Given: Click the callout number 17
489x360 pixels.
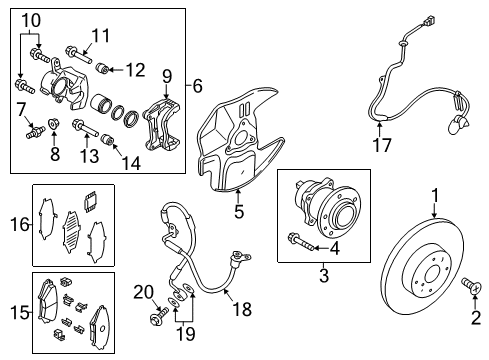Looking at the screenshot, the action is pos(382,145).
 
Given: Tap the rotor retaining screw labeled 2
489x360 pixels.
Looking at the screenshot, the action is pos(472,286).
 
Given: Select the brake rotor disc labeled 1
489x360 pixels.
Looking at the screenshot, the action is pos(422,266).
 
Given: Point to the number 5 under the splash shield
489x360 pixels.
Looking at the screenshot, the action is pos(239,211).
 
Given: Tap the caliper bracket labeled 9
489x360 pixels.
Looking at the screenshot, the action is pos(161,125).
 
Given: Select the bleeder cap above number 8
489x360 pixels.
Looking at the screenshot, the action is pos(53,124).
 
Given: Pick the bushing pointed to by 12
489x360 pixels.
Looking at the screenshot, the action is pos(102,68).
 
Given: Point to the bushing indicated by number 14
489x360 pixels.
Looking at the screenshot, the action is pos(107,140).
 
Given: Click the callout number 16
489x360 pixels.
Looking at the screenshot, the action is pos(20,224).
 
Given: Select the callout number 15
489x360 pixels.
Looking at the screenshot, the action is pos(19,312).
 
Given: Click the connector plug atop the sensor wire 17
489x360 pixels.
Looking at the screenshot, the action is pos(428,20).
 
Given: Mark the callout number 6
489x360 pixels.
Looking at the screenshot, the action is pos(197,86).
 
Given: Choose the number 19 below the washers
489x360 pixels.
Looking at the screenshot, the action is pos(185,333).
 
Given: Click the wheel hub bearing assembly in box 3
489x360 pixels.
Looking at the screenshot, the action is pos(327,205).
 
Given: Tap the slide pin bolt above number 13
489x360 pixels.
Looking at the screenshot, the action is pos(85,129).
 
